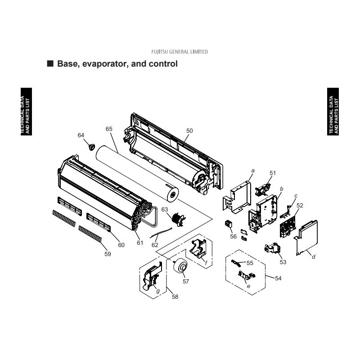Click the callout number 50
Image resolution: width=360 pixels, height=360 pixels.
[189, 130]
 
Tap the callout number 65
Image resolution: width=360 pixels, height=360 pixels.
[109, 129]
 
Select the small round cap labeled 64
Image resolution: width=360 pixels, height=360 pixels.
[92, 147]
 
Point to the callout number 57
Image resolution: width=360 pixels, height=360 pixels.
[186, 282]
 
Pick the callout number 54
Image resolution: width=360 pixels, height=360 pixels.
[278, 278]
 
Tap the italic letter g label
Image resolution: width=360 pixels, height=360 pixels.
[158, 291]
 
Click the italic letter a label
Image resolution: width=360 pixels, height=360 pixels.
[253, 171]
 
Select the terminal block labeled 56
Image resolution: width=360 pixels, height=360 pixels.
[229, 224]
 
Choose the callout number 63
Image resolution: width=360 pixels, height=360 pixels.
[165, 209]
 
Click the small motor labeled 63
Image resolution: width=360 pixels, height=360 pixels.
[179, 219]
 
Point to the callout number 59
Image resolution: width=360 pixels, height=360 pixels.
[108, 254]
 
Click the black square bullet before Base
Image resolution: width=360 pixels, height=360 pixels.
[50, 63]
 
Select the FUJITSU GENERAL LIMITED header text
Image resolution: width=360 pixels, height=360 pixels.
[180, 52]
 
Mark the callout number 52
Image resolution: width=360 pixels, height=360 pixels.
[300, 206]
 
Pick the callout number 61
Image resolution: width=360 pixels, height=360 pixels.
[140, 243]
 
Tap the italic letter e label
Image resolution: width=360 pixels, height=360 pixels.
[248, 286]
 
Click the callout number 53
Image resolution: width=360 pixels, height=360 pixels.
[283, 262]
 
